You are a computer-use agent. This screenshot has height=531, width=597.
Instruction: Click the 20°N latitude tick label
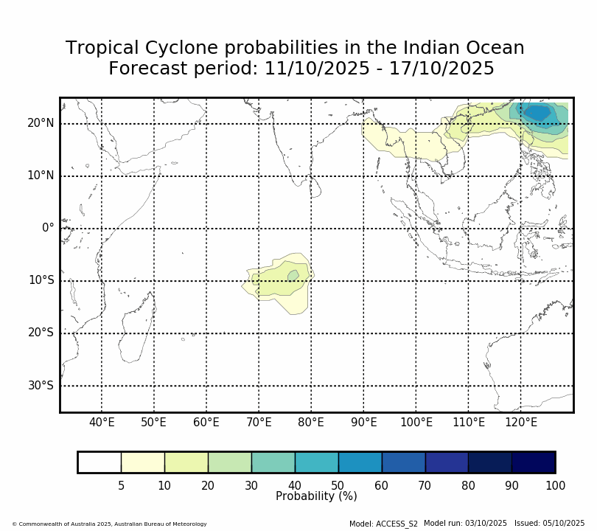pos(41,123)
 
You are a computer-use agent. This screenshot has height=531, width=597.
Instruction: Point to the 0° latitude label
pos(48,228)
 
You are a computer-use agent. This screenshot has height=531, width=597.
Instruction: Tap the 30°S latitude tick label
pos(41,386)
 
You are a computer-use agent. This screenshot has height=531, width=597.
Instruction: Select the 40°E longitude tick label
pos(102,423)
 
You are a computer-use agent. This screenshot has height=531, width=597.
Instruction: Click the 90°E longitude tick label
pos(363,423)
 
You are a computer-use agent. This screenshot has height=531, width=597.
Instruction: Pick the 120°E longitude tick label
pos(520,423)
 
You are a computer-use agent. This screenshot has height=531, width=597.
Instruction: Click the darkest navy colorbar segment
pos(534,462)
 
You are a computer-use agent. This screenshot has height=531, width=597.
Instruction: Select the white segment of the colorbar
pos(99,462)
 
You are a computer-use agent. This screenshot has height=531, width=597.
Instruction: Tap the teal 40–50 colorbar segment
pos(316,462)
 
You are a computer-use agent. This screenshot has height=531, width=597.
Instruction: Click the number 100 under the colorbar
pos(555,485)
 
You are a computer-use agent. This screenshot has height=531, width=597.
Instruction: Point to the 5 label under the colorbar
pos(121,485)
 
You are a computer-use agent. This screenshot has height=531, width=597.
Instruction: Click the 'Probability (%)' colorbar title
pos(316,496)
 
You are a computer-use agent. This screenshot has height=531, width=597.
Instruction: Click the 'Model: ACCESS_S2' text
pos(383,524)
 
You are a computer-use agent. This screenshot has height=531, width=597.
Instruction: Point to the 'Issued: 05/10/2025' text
pos(549,523)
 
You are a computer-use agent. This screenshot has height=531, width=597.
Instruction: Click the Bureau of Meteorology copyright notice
pos(109,524)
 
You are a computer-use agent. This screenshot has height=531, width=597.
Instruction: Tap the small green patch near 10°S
pos(293,276)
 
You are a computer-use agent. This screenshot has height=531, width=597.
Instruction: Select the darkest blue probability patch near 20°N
pos(537,113)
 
